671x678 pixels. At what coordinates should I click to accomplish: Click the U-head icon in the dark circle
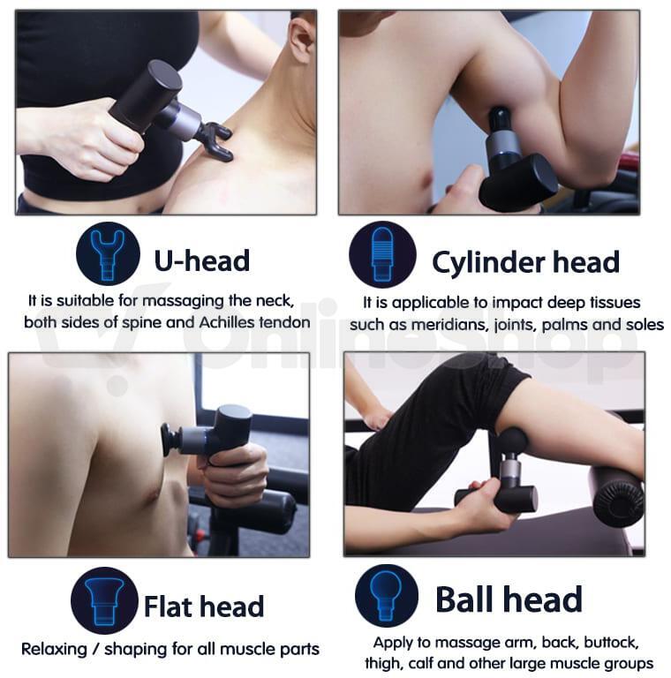tap(108, 254)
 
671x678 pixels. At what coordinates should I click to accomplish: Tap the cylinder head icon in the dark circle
tap(382, 254)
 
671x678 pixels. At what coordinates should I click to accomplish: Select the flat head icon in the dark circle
tap(104, 600)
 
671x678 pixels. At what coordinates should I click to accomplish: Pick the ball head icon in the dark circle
tap(387, 596)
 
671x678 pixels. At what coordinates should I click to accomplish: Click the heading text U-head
tap(202, 260)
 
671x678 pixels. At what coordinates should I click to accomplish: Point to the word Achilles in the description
tap(226, 322)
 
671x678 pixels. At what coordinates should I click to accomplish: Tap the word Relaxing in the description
tap(54, 650)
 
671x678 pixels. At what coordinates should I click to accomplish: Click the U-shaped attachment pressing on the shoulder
tap(215, 140)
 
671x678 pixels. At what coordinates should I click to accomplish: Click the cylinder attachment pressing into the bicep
tap(501, 120)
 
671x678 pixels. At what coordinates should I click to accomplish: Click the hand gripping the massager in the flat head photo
tap(234, 473)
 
